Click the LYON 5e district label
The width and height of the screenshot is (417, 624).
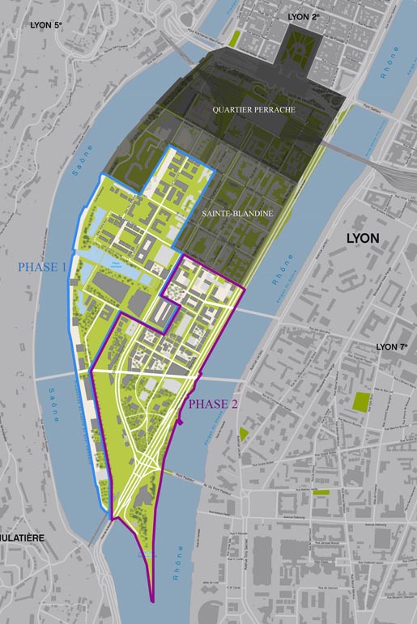tap(45, 25)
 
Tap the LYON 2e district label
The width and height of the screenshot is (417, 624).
tap(304, 16)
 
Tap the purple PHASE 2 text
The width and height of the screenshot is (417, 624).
tap(214, 404)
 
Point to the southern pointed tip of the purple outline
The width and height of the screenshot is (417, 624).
tap(151, 601)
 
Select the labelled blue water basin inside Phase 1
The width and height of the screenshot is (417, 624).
tap(116, 262)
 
